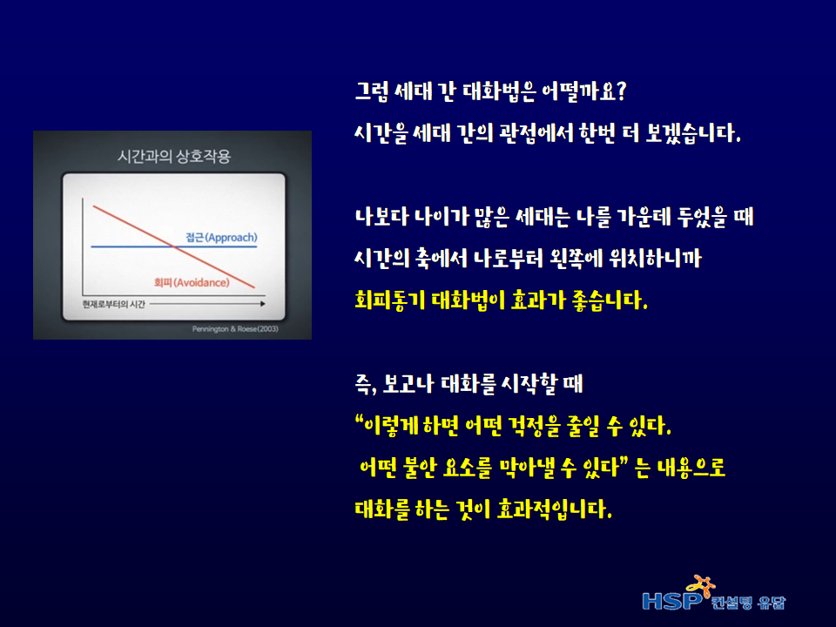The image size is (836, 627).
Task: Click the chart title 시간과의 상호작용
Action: (174, 156)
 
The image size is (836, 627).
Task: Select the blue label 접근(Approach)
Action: (221, 237)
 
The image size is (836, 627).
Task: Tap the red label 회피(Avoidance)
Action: (192, 282)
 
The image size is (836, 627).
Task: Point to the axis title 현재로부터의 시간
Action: (113, 304)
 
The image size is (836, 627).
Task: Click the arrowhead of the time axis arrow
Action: (263, 304)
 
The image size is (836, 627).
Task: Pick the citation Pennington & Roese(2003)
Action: (235, 329)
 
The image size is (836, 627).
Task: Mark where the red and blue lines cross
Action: (172, 246)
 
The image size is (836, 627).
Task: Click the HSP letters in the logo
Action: (672, 601)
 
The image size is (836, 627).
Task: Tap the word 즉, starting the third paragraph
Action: (367, 384)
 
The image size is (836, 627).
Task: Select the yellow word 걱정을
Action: (535, 426)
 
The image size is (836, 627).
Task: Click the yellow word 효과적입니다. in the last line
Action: (555, 509)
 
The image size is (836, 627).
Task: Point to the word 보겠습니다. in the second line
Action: (693, 132)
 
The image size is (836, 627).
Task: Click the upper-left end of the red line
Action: (93, 206)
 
